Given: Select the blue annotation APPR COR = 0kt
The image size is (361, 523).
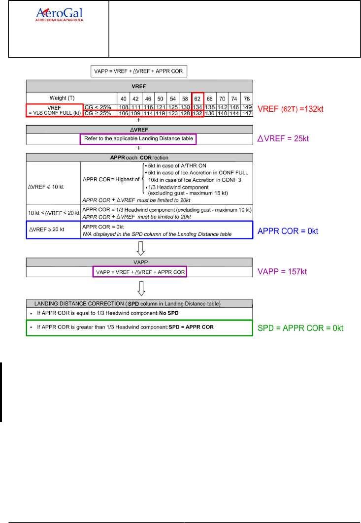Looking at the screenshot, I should pos(288,230).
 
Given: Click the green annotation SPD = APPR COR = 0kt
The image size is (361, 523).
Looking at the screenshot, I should pos(301,328).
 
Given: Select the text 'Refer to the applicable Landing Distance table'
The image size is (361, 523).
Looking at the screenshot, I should pos(138,139).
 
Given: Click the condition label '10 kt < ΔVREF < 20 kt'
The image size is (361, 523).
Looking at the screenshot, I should pos(53,212).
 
